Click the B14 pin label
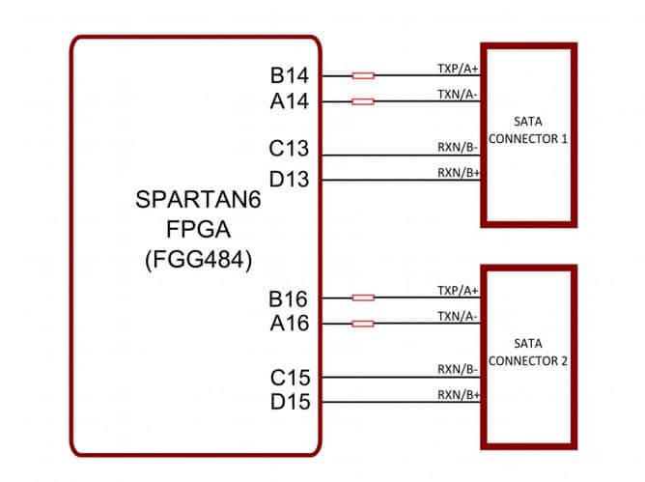coord(290,75)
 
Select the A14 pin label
coord(290,100)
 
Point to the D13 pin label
coord(290,179)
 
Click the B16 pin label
coord(290,298)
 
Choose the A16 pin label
coord(290,324)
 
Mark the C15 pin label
coord(290,376)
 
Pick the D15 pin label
coord(290,402)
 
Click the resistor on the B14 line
coord(363,75)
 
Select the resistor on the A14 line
coord(363,100)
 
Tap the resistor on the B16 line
coord(363,298)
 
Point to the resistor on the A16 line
coord(363,324)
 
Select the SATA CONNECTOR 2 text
coord(527,352)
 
